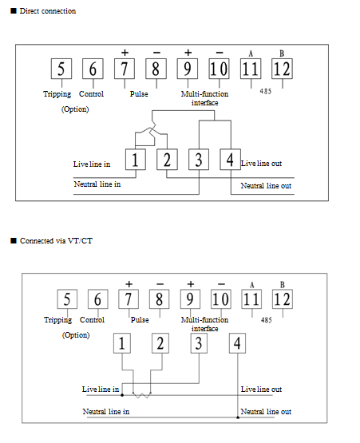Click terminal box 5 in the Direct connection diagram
(x=61, y=69)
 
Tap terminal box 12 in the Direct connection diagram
(x=282, y=69)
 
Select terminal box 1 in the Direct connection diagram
(x=136, y=160)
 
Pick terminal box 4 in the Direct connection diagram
(x=231, y=160)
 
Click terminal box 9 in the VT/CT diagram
(x=190, y=299)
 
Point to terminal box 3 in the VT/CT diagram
(x=199, y=343)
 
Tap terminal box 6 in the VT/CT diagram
(x=97, y=299)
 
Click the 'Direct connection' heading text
(x=48, y=11)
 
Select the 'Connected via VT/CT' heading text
(x=56, y=241)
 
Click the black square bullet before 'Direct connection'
(x=14, y=11)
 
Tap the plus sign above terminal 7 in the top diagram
(x=125, y=53)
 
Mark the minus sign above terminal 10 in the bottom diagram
(x=221, y=284)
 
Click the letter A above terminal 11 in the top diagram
(x=251, y=53)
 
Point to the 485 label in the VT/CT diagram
(x=266, y=320)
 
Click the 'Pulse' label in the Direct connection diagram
(x=139, y=94)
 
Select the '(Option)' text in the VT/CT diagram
(x=76, y=335)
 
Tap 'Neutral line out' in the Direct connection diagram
(x=266, y=186)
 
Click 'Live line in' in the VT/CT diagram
(x=101, y=390)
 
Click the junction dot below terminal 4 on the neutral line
(x=238, y=417)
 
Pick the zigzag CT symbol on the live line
(x=142, y=395)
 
